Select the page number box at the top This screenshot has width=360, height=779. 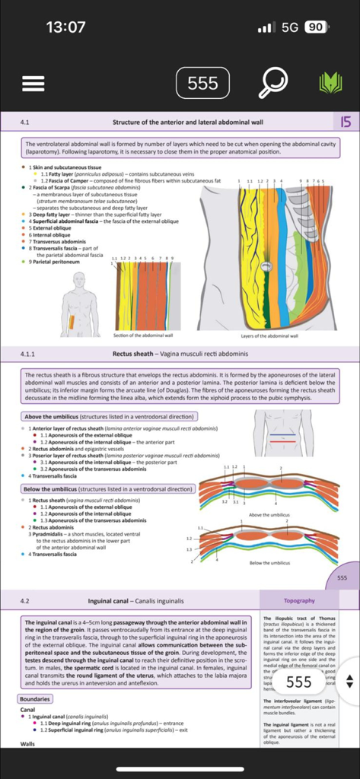(202, 82)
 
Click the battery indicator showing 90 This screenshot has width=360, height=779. (315, 27)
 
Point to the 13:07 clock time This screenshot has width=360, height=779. (65, 27)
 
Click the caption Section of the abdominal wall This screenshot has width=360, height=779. (143, 335)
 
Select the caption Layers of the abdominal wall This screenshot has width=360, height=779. (269, 335)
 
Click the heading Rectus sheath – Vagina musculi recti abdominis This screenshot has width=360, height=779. (180, 355)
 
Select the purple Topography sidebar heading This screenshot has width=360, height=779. (299, 601)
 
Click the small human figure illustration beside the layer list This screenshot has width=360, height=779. (79, 304)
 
